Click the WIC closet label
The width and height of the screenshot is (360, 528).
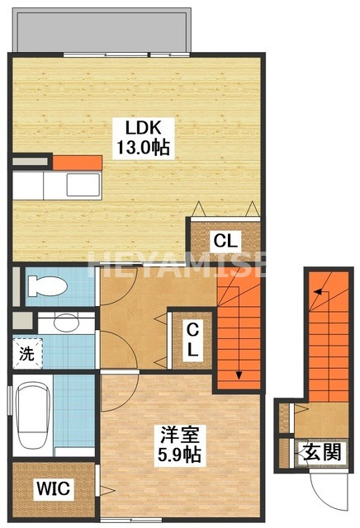(x=53, y=489)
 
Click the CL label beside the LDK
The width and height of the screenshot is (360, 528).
(x=225, y=241)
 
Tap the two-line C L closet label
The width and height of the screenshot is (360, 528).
(x=192, y=339)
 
